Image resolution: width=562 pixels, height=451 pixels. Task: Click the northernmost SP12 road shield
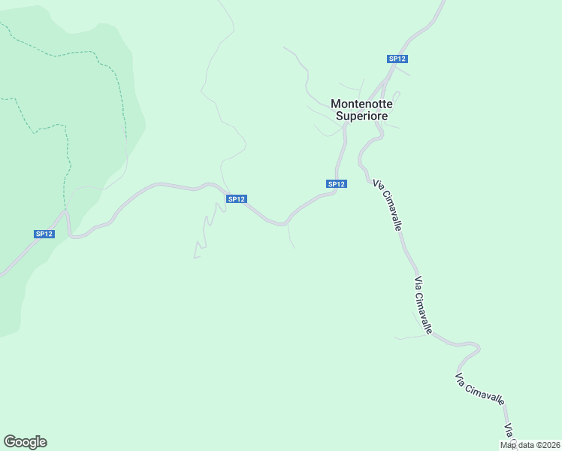pyautogui.click(x=397, y=59)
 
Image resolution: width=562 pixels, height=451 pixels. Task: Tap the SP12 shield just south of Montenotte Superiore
pyautogui.click(x=336, y=184)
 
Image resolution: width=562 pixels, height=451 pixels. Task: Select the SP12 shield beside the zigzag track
pyautogui.click(x=236, y=199)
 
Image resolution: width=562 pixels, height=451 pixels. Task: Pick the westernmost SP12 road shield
pyautogui.click(x=44, y=234)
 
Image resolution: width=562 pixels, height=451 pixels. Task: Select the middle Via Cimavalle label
pyautogui.click(x=423, y=305)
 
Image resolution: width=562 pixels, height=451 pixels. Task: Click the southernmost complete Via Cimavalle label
pyautogui.click(x=479, y=389)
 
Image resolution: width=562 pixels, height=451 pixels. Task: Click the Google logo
pyautogui.click(x=25, y=442)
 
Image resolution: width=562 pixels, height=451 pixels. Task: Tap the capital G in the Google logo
pyautogui.click(x=9, y=442)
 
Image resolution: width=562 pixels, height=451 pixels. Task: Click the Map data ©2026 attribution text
pyautogui.click(x=530, y=445)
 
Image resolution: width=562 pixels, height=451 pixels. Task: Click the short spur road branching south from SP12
pyautogui.click(x=290, y=236)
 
